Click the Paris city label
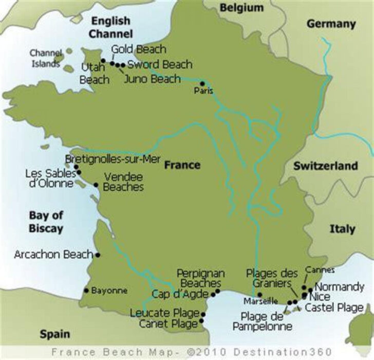[203, 91]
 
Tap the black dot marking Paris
[202, 83]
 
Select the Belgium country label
[241, 8]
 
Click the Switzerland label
[326, 166]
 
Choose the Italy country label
[342, 229]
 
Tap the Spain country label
[55, 334]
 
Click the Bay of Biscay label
[46, 222]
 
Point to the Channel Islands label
[45, 58]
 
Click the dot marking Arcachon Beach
[98, 255]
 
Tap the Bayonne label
[109, 291]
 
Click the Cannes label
[320, 270]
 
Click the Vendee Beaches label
[123, 182]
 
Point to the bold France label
[182, 165]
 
